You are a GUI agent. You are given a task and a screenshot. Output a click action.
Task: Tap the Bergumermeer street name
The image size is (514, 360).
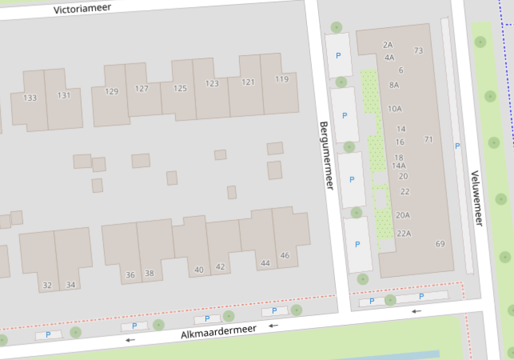coord(327,156)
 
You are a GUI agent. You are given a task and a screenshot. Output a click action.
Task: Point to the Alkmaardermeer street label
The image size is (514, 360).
coord(219,332)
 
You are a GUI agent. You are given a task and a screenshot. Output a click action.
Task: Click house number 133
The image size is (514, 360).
coord(30,98)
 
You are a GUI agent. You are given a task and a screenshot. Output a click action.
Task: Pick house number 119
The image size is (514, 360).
coord(282,79)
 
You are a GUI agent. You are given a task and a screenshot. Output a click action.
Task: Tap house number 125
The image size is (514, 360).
coord(180,88)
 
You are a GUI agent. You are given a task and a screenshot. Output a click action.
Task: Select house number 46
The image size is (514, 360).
coord(285,255)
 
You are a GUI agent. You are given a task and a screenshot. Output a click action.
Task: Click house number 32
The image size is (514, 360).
coord(47,285)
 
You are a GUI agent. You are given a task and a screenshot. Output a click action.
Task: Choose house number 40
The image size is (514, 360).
coord(199,270)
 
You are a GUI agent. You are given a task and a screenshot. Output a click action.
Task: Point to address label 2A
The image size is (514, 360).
coord(388,45)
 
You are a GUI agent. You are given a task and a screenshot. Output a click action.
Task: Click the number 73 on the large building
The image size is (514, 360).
coord(418,50)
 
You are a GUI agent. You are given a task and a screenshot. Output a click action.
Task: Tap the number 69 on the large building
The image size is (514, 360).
coord(440,244)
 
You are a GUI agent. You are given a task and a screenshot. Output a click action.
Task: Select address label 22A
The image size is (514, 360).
coord(404,233)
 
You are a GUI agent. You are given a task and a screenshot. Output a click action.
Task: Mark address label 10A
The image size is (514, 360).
coord(394,108)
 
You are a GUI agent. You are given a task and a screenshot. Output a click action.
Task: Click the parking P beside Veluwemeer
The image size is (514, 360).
coord(457,146)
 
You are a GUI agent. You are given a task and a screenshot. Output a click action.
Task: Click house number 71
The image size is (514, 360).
coord(428,140)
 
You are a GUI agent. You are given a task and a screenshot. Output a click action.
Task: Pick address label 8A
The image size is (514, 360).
coord(394,85)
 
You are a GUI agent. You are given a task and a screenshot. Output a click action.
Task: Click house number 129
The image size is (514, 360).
coord(112,92)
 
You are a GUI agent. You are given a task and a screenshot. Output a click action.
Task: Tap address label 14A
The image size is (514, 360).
coord(398,166)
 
